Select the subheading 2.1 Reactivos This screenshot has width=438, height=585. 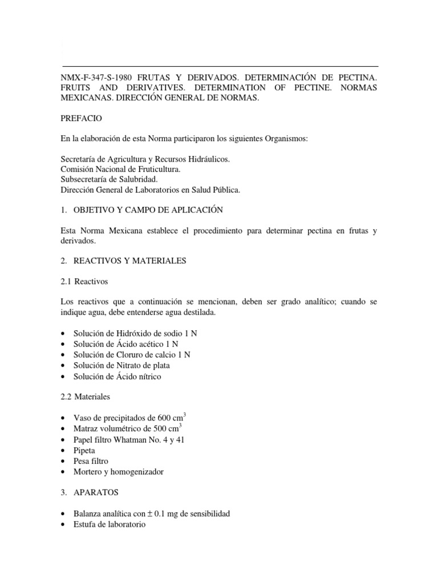click(84, 282)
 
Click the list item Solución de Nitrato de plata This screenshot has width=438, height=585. click(121, 365)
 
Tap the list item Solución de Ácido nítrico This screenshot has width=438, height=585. click(117, 376)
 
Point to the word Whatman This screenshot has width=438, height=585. click(139, 439)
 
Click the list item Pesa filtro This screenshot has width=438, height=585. click(91, 460)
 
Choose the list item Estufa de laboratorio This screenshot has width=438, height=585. click(109, 524)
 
